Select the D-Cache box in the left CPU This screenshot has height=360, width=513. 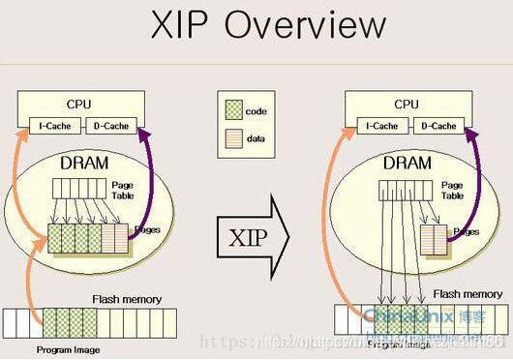110,126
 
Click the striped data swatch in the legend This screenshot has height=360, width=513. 231,138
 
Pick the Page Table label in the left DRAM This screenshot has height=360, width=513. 123,190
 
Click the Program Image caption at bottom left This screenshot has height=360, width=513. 67,348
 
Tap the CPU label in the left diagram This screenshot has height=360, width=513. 78,102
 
